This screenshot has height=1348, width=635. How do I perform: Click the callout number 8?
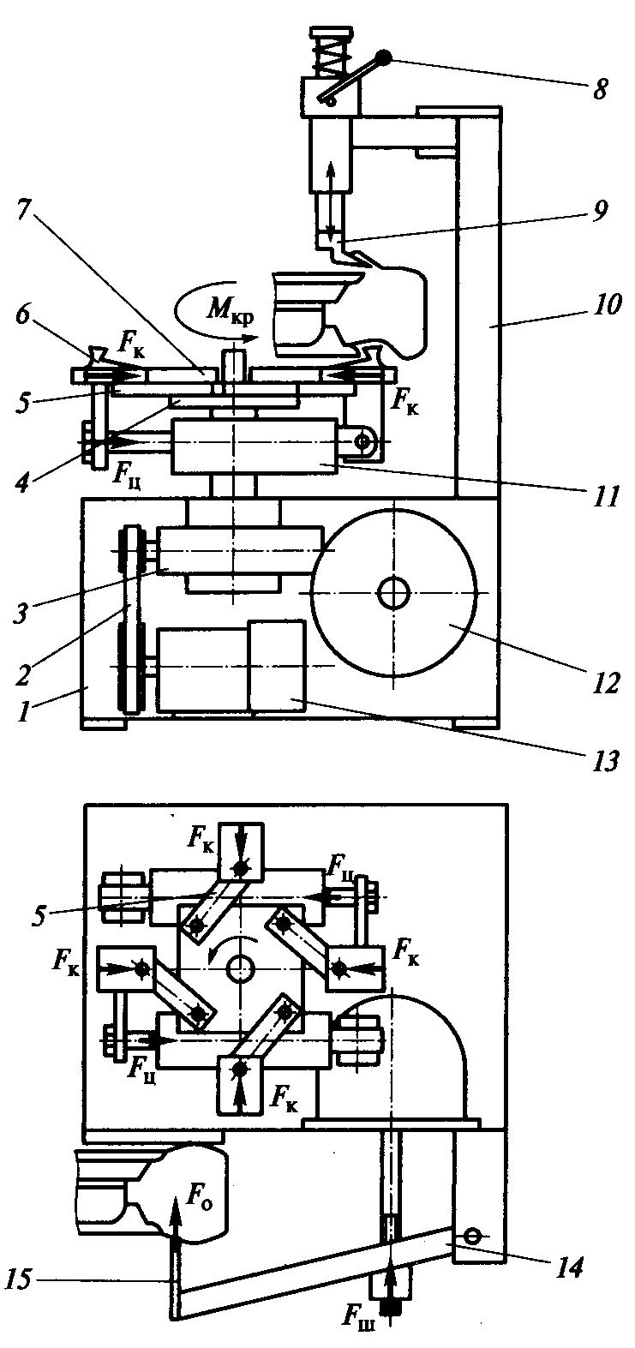[600, 90]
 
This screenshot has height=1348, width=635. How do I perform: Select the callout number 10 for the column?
[606, 304]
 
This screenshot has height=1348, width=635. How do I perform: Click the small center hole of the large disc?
[393, 593]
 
